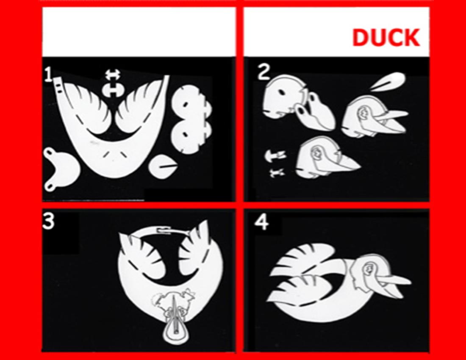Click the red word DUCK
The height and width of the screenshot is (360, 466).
coord(386,37)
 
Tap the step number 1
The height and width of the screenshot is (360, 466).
coord(48,74)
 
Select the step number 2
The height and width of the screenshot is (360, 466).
coord(264,72)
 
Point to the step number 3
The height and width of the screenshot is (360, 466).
coord(48,221)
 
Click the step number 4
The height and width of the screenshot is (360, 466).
coord(262,222)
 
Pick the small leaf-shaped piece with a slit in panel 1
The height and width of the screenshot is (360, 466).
coord(164,167)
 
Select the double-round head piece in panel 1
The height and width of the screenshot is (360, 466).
coord(190,119)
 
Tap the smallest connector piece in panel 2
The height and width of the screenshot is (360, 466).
coord(276,172)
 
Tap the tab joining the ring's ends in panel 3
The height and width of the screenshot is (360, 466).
coord(164,230)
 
